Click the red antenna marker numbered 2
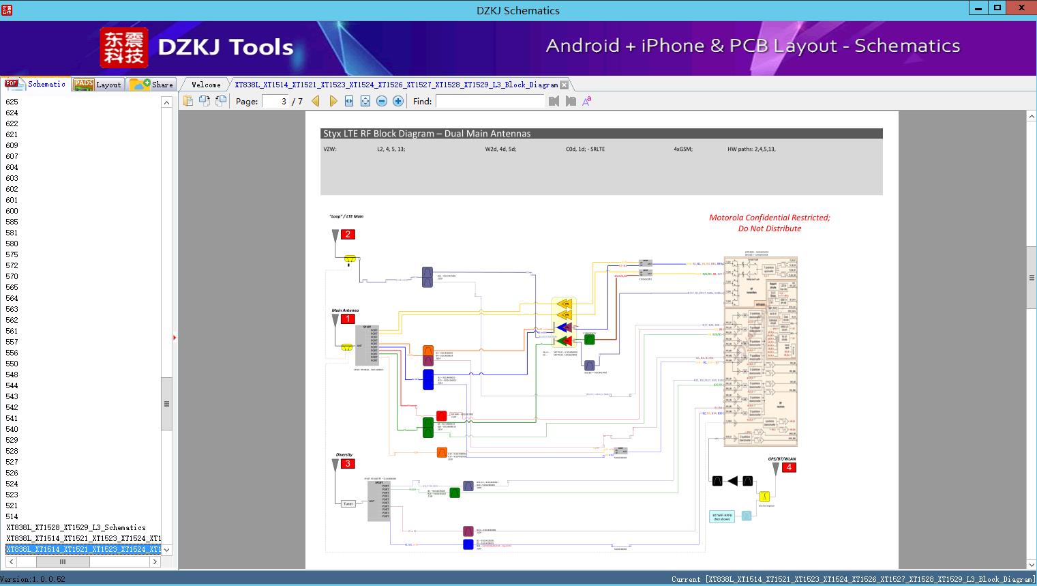point(348,235)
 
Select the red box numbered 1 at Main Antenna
point(348,319)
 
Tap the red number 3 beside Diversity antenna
point(348,464)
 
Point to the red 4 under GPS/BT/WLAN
point(789,467)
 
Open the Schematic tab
point(37,85)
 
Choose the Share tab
point(153,85)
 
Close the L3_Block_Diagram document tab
point(564,85)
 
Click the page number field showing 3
point(276,102)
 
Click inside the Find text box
point(491,102)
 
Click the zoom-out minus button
point(382,102)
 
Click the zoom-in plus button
point(398,102)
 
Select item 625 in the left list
point(12,102)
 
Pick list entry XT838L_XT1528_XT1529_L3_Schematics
point(76,527)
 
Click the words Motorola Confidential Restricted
point(769,218)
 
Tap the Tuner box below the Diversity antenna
point(348,503)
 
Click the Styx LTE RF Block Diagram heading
point(427,134)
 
